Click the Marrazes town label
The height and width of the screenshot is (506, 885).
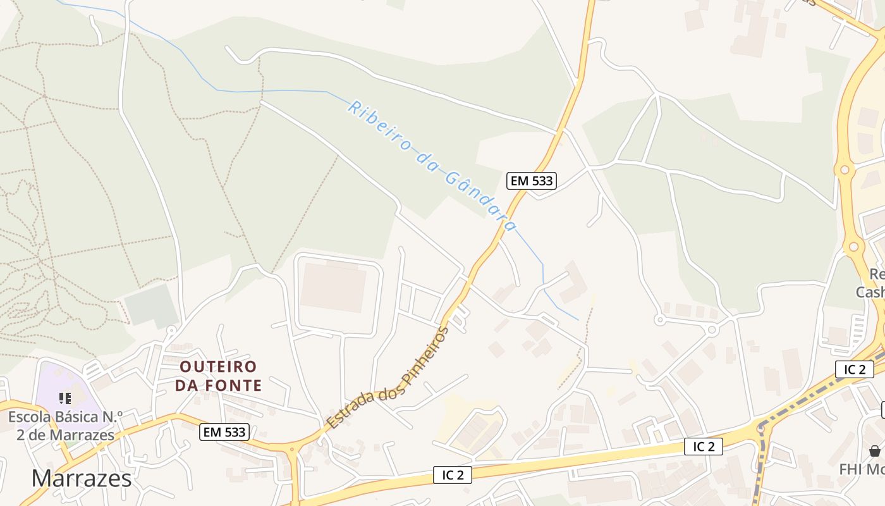click(x=82, y=478)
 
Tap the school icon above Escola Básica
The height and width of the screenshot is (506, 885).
click(x=64, y=398)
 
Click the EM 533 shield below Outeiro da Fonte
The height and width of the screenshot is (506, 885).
click(x=224, y=433)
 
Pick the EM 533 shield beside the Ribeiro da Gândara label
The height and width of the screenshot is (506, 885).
click(x=532, y=181)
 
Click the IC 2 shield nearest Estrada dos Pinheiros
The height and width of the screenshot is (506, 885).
click(x=453, y=475)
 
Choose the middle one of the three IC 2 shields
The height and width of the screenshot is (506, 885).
click(x=704, y=447)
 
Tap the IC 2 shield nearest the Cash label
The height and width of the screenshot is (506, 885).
click(x=854, y=369)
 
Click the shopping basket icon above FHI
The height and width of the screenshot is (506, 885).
click(x=875, y=451)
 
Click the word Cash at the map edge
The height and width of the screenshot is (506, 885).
click(x=870, y=292)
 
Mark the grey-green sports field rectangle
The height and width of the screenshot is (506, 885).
click(x=151, y=305)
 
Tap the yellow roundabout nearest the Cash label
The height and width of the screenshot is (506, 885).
click(x=853, y=247)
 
